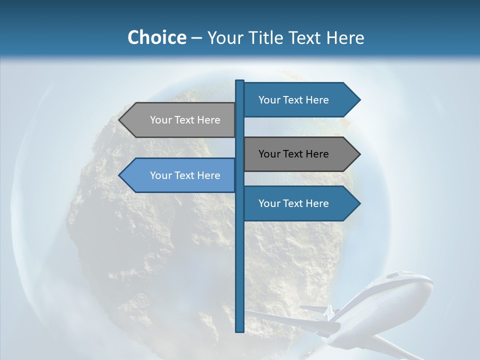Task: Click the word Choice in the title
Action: pos(156,37)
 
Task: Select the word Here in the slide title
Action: pos(345,38)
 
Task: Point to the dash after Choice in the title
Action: pos(197,38)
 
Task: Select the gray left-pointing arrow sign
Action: pos(180,120)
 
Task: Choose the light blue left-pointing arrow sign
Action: pos(180,175)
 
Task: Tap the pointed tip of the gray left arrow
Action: pos(120,120)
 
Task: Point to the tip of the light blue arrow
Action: pos(120,175)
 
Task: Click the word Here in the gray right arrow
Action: pos(317,154)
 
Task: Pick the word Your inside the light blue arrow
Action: pos(160,175)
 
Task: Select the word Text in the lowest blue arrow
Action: pos(293,203)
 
